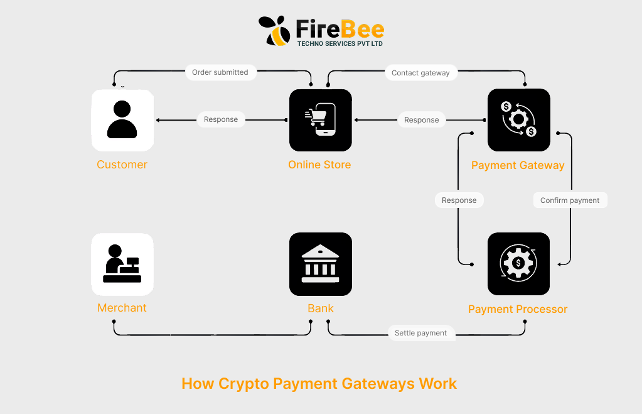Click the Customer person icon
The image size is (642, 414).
click(122, 120)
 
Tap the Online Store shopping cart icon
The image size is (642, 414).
click(320, 120)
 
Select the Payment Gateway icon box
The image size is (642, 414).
click(518, 120)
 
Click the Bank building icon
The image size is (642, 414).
click(320, 264)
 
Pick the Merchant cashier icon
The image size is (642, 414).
click(122, 264)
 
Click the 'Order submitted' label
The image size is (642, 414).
click(220, 72)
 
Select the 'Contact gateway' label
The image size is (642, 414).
click(420, 73)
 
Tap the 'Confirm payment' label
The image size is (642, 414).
click(570, 200)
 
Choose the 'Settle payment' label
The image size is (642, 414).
click(420, 333)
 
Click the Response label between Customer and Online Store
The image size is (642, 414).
click(221, 119)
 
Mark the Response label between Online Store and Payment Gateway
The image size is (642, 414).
click(421, 119)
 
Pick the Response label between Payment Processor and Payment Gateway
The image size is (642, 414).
click(459, 200)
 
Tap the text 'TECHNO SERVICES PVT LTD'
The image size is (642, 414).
click(340, 43)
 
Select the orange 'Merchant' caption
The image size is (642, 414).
click(122, 308)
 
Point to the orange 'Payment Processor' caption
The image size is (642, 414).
click(518, 309)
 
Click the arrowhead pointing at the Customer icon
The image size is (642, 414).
click(158, 120)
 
